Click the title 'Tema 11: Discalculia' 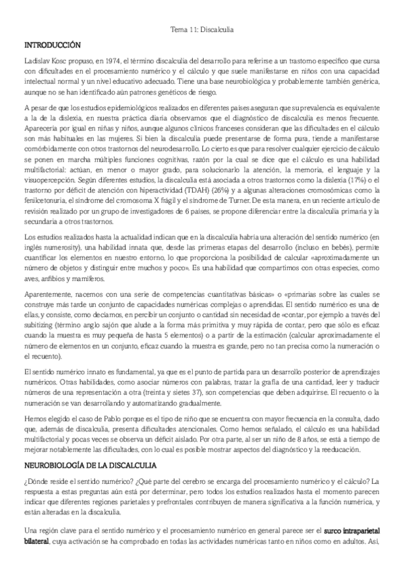click(202, 29)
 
